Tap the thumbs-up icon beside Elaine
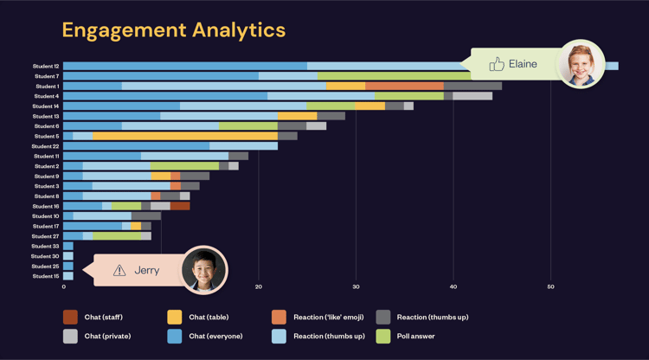tap(496, 64)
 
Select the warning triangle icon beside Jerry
tap(119, 271)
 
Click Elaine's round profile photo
tap(581, 64)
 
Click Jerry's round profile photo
tap(204, 270)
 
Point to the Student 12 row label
tap(46, 67)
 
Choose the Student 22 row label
tap(46, 146)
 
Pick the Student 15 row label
tap(46, 276)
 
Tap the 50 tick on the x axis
tap(550, 286)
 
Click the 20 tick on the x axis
tap(258, 286)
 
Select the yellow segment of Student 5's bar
tap(185, 136)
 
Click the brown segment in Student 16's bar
tap(180, 206)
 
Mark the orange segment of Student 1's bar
tap(404, 87)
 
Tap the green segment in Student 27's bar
tap(117, 236)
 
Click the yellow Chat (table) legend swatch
tap(175, 318)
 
